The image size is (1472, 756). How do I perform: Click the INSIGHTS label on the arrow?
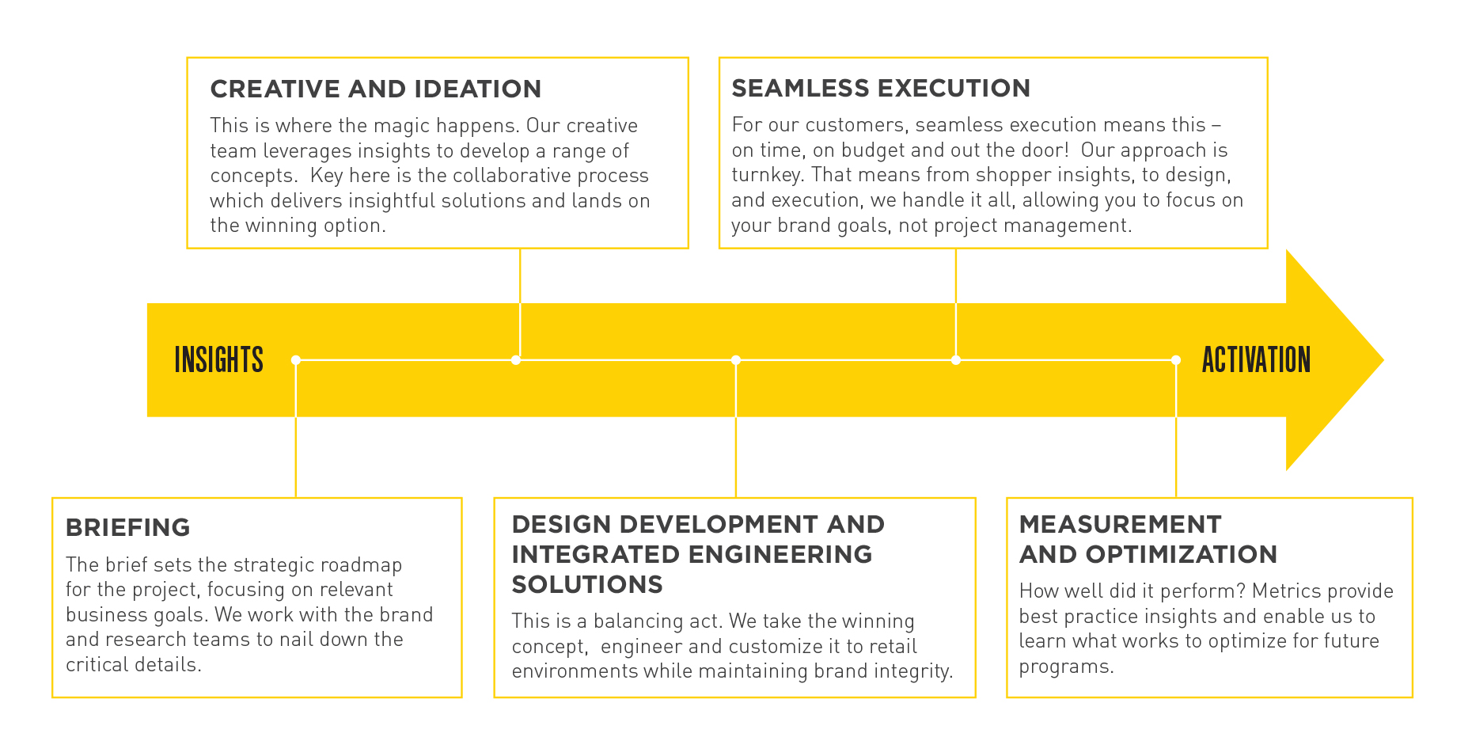(218, 360)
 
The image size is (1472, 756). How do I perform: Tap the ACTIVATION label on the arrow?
(1256, 360)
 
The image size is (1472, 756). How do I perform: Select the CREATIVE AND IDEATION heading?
(376, 89)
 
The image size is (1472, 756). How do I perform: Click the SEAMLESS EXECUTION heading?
(881, 88)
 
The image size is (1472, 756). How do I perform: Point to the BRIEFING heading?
(128, 527)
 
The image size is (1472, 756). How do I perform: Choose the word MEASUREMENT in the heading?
(1121, 524)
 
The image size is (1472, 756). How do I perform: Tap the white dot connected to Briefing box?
(296, 360)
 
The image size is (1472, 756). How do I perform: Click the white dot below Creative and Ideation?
(516, 360)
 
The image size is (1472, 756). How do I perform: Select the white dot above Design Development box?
(736, 360)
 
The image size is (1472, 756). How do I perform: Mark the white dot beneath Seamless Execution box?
(956, 360)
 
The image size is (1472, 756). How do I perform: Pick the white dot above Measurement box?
(1176, 360)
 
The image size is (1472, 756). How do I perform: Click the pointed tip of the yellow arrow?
(1383, 360)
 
